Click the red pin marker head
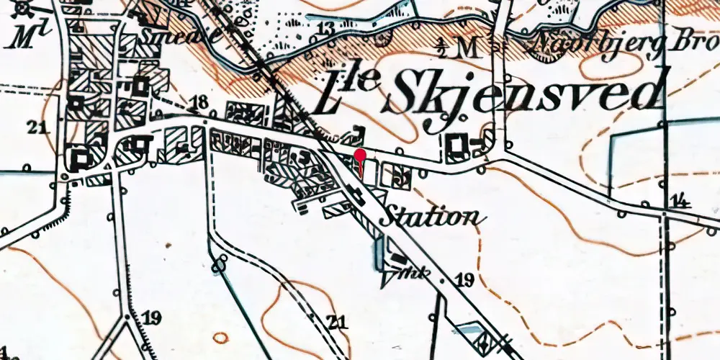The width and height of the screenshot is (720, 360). click(x=361, y=155)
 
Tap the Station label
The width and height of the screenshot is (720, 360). click(x=431, y=215)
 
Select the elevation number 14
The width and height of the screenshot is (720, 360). click(x=677, y=200)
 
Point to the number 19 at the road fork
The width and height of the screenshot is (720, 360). click(x=151, y=318)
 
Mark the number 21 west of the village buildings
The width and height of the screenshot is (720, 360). click(x=36, y=128)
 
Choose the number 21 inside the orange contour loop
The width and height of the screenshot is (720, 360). click(x=336, y=321)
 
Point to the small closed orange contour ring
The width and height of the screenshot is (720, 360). click(x=220, y=337)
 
